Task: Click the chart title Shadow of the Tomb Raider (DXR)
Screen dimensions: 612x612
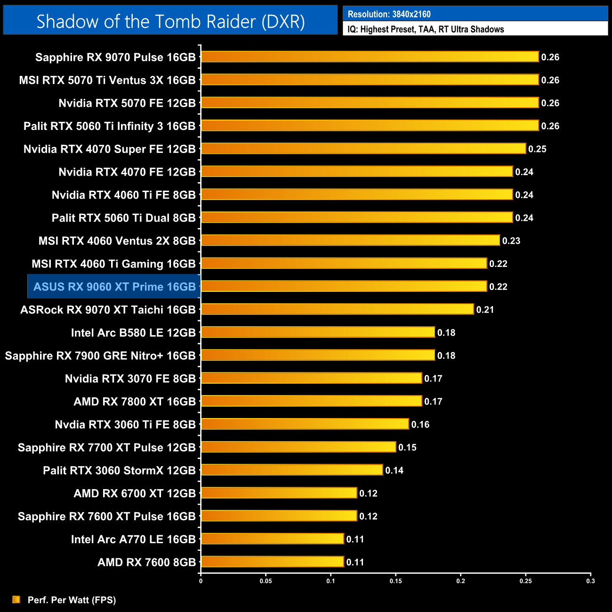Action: [170, 21]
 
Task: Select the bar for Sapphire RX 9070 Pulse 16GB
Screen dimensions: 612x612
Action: [370, 57]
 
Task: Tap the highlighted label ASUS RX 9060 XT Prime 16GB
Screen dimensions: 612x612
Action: [114, 287]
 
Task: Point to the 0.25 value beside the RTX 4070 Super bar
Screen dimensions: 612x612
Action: [537, 149]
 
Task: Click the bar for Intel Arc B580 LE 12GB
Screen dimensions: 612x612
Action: [318, 332]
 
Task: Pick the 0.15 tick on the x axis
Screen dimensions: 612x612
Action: [395, 581]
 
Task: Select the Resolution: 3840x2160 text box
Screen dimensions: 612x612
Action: [475, 14]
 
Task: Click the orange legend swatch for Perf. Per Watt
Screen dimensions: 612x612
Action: [16, 599]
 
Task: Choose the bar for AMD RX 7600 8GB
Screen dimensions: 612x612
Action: [272, 562]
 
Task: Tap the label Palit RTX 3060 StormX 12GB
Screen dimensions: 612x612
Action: [119, 470]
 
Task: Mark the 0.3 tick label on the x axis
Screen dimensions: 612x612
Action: [590, 581]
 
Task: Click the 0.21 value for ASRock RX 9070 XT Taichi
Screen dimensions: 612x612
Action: [485, 310]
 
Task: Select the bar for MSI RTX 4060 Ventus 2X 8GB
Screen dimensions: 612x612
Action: [350, 241]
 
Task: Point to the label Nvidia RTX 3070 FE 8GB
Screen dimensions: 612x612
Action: [130, 378]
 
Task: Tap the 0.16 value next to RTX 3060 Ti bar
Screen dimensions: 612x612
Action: [420, 425]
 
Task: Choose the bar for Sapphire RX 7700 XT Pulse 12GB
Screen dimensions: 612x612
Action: [298, 447]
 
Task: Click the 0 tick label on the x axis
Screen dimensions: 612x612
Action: [201, 581]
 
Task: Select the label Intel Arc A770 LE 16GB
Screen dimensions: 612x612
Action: [133, 539]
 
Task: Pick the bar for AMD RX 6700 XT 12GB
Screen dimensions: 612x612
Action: [279, 493]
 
